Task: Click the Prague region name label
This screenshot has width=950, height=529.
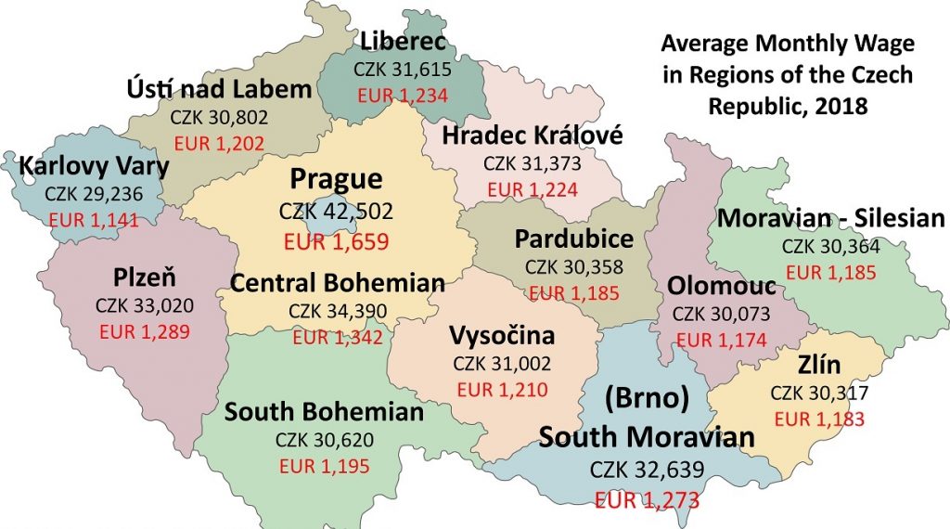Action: (336, 178)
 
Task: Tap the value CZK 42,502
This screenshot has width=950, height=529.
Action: (336, 211)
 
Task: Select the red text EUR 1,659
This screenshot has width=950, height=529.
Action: (336, 243)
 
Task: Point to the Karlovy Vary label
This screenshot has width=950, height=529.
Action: (95, 167)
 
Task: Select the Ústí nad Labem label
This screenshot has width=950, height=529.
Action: (219, 90)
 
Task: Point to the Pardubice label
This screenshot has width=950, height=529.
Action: (574, 239)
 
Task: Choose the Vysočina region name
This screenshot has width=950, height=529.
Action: (502, 335)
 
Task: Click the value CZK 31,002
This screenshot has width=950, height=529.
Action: (502, 364)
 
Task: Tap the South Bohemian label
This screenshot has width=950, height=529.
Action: (324, 411)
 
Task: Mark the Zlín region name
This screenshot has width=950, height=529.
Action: (818, 364)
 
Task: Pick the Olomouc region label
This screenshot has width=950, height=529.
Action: (722, 287)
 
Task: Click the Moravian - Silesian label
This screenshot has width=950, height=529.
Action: (830, 219)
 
